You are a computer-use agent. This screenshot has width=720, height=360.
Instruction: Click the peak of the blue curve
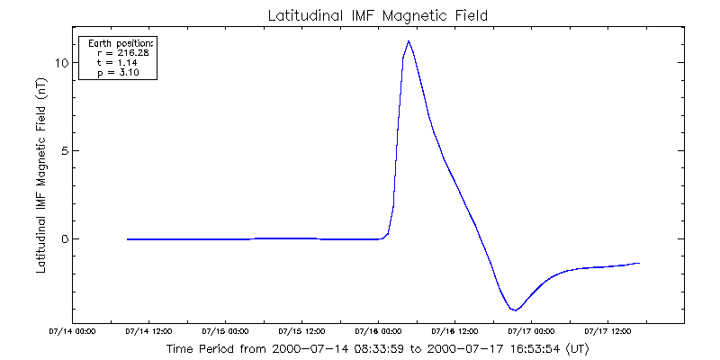point(409,41)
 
